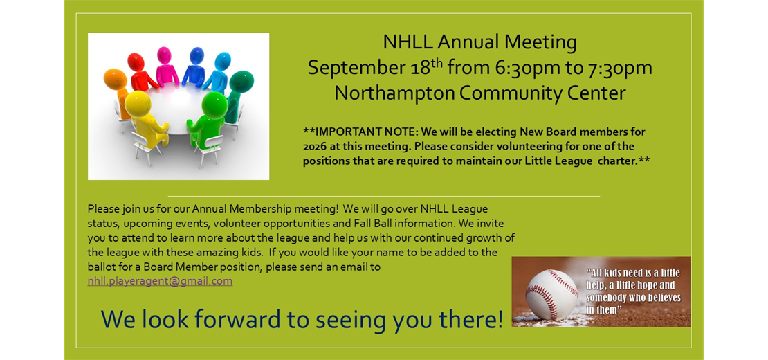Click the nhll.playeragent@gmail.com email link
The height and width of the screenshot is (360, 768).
click(160, 281)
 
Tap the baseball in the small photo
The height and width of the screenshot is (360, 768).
click(552, 294)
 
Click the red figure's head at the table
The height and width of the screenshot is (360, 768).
click(136, 62)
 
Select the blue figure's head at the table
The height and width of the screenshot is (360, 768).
click(197, 56)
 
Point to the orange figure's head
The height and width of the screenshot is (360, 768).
click(115, 79)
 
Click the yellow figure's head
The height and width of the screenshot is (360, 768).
click(138, 104)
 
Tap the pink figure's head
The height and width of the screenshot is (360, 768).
click(164, 55)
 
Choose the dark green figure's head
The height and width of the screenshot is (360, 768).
click(241, 81)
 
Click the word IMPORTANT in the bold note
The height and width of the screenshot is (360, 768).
click(343, 132)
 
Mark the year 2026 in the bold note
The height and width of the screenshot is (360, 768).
click(313, 147)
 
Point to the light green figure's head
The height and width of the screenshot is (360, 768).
click(214, 105)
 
